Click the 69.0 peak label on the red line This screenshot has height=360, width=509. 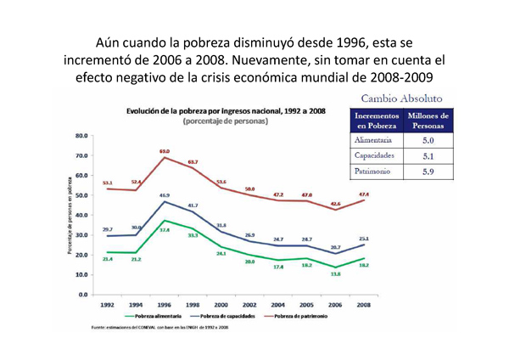tap(165, 150)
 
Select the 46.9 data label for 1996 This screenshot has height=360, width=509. tap(165, 195)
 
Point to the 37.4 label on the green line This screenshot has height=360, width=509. tap(165, 229)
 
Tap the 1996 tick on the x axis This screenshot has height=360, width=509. tap(165, 304)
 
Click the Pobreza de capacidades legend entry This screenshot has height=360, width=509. tap(222, 316)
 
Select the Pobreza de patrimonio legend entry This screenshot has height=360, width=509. tap(296, 316)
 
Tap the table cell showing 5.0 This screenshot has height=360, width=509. tap(428, 140)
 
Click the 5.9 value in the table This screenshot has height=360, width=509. tap(428, 172)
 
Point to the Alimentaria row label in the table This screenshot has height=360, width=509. tap(373, 140)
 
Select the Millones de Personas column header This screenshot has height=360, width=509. tap(428, 120)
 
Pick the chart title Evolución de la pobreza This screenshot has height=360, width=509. tap(226, 111)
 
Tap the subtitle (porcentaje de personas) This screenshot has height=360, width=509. tap(226, 121)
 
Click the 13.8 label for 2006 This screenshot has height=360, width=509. tap(336, 274)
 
